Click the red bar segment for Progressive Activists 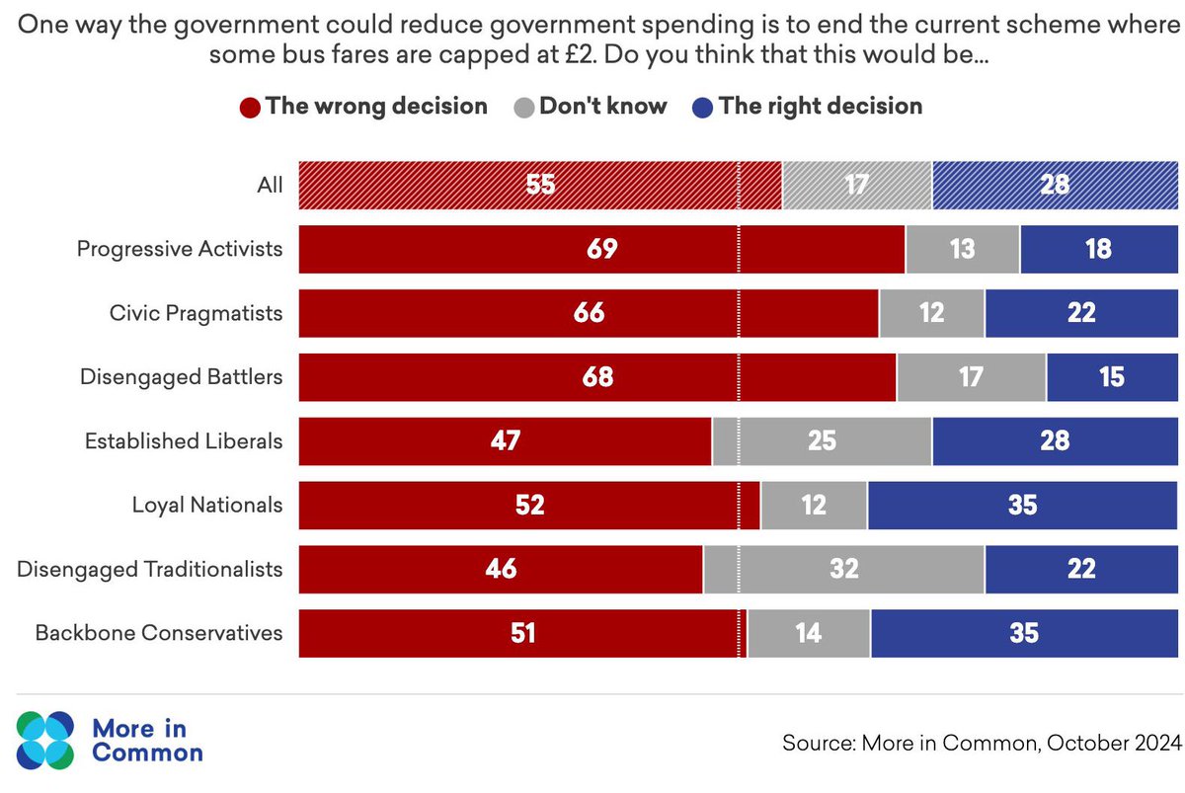click(600, 249)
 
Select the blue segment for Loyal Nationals click(1023, 506)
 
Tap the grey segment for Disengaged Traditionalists click(843, 570)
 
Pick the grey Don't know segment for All click(856, 185)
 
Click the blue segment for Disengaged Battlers click(1112, 377)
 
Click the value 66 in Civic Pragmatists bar click(588, 313)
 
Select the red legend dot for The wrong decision click(251, 107)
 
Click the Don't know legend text click(602, 107)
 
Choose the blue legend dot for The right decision click(703, 107)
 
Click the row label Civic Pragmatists click(196, 313)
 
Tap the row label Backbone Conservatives click(159, 634)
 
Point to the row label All click(269, 185)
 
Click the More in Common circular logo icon click(44, 741)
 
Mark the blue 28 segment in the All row click(1055, 185)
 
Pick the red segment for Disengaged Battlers click(597, 377)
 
